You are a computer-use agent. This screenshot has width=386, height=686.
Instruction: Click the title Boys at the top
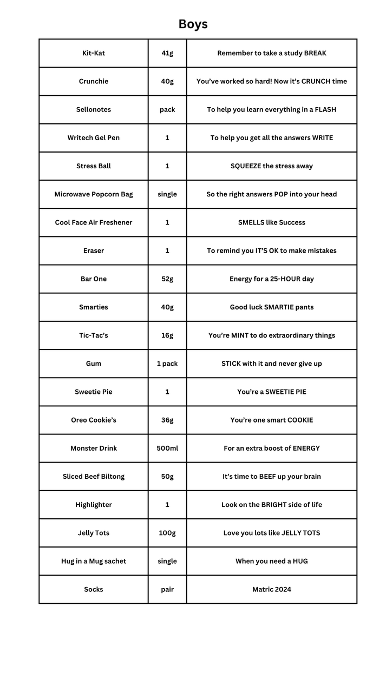(x=193, y=24)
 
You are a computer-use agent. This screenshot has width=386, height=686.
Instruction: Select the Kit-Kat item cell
(x=94, y=53)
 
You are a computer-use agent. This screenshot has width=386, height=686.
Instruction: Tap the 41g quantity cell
(x=167, y=53)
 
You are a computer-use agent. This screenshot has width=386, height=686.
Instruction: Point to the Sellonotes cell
(x=94, y=109)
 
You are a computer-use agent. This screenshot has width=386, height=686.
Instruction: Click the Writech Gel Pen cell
(x=94, y=137)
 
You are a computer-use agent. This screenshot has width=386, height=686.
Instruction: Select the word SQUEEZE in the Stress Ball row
(x=246, y=166)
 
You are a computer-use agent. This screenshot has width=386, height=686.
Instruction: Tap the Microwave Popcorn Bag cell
(x=94, y=194)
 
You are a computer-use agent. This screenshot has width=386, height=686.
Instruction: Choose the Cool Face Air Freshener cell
(x=94, y=222)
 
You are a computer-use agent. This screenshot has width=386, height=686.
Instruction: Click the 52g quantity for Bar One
(x=167, y=279)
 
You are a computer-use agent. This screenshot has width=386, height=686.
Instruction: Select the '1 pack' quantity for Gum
(x=167, y=364)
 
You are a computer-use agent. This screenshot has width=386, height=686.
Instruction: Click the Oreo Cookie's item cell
(x=94, y=420)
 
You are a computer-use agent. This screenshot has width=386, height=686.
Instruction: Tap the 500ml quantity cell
(x=167, y=448)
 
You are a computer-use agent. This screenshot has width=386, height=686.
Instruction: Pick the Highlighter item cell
(x=94, y=505)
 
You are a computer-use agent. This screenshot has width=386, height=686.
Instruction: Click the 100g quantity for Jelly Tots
(x=167, y=533)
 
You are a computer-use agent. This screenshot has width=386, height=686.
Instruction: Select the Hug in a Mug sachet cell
(x=94, y=561)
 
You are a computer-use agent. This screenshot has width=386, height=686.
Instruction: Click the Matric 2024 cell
(x=272, y=589)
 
